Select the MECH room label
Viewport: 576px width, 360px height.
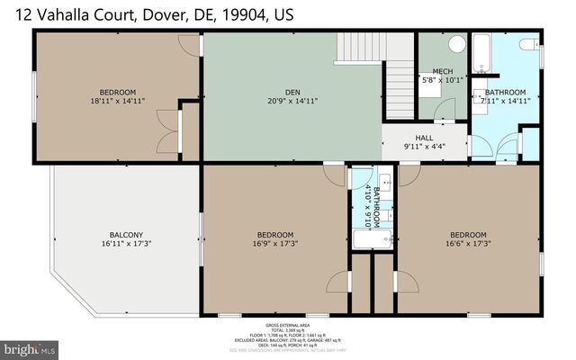[x=442, y=72]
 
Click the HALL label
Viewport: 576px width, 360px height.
[x=424, y=138]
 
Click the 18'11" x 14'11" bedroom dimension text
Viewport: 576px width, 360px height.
[x=117, y=101]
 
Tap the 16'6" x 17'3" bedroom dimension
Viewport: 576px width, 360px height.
[x=468, y=243]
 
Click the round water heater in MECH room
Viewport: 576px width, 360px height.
[x=455, y=43]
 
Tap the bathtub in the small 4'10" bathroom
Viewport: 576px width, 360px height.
[x=372, y=239]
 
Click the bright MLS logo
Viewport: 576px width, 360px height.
[x=30, y=346]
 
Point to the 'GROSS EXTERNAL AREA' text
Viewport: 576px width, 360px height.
[x=288, y=324]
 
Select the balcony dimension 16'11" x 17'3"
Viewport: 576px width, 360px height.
[x=126, y=244]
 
